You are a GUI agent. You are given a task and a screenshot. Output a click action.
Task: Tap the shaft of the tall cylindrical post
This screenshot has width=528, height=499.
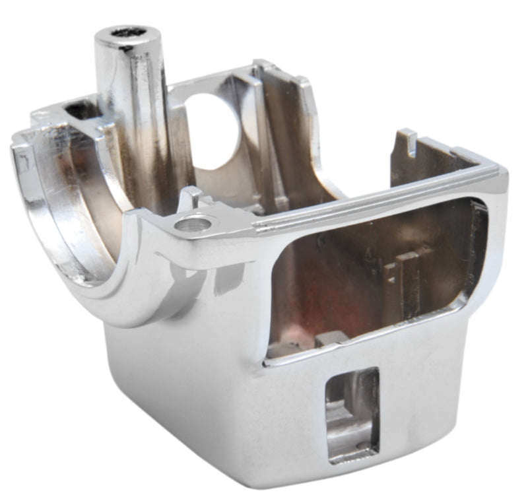pos(132,112)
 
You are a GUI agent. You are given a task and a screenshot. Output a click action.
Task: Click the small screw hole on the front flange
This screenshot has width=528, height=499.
pos(193,224)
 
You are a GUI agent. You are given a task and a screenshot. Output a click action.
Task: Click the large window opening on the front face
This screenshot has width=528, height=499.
pos(370,277)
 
